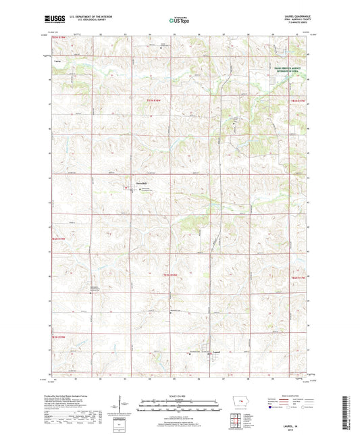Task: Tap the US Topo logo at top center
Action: (x=179, y=22)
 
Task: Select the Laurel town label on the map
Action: (x=217, y=352)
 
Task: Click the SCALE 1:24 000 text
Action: (x=179, y=394)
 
